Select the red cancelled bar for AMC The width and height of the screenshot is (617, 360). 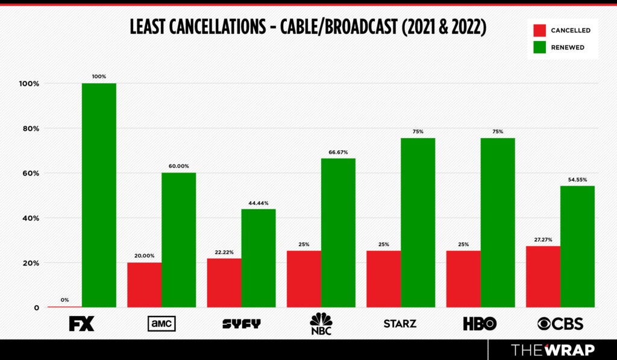144,285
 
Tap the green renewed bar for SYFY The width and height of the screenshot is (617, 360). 258,258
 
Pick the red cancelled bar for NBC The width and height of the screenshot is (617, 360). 304,279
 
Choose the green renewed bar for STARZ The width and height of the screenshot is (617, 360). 418,223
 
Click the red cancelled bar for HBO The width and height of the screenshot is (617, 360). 463,279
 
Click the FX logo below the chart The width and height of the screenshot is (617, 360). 81,324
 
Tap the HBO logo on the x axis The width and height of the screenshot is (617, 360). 480,324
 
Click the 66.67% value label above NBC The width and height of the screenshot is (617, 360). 338,153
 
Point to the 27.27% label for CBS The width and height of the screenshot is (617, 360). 543,240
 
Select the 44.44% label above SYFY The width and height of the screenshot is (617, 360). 258,203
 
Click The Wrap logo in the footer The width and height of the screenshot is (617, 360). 553,350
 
